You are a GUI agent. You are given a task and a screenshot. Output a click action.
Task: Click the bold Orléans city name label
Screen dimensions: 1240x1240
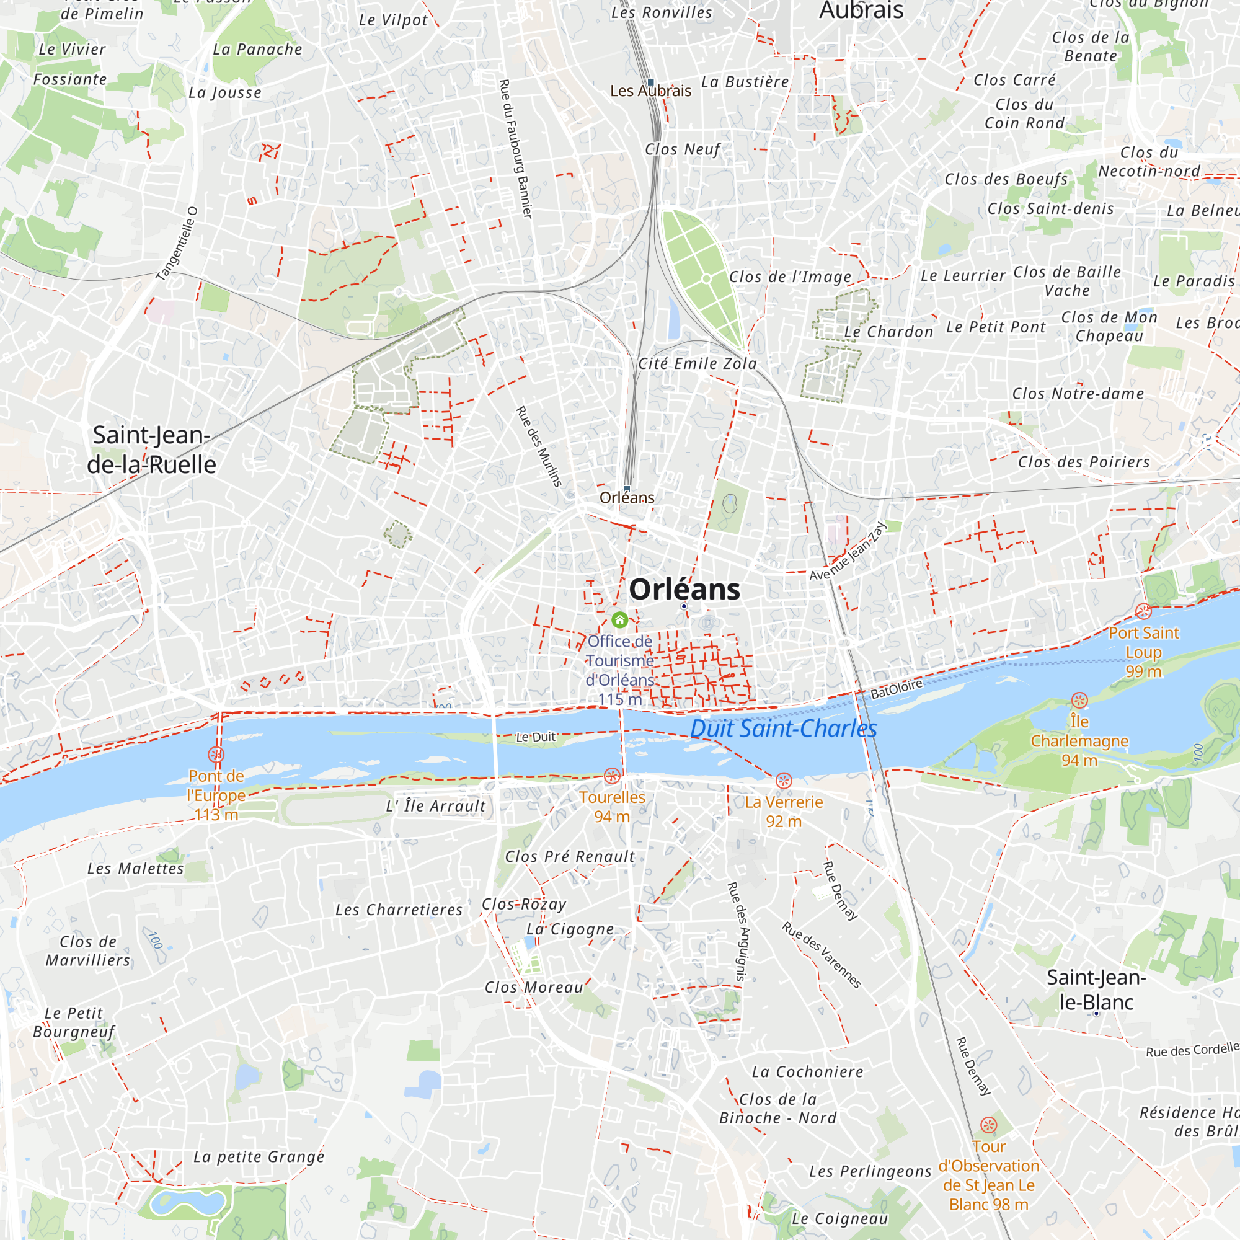(x=684, y=589)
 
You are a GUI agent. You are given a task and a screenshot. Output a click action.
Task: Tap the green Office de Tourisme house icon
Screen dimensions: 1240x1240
(x=619, y=620)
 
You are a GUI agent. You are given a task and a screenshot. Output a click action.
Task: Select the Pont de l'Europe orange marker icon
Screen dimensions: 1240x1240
(x=216, y=755)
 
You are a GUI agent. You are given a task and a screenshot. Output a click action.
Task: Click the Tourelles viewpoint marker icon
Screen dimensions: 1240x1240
(x=612, y=776)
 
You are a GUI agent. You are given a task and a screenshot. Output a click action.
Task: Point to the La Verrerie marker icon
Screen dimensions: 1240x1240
(x=784, y=781)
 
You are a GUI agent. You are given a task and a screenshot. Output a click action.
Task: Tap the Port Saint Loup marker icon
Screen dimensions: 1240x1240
(x=1143, y=612)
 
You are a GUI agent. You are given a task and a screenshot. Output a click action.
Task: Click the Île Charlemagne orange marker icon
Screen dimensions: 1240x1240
(x=1079, y=700)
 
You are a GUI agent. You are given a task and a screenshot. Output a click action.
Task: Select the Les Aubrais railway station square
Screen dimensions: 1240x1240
(x=650, y=83)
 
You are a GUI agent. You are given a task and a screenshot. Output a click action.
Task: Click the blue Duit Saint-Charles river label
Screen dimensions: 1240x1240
(x=783, y=729)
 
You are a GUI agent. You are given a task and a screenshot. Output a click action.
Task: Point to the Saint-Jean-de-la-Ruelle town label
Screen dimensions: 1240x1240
(x=151, y=449)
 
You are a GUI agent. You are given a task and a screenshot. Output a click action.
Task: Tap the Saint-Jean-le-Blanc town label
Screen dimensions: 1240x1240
(x=1096, y=989)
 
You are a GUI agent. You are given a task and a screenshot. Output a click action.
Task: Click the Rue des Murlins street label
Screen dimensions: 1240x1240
(x=539, y=446)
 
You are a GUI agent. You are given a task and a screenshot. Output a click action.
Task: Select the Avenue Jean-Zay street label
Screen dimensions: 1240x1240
(x=847, y=552)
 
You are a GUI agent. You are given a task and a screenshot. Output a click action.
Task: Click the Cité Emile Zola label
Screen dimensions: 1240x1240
(x=697, y=364)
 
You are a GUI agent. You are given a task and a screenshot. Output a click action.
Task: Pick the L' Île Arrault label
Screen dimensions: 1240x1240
(x=435, y=806)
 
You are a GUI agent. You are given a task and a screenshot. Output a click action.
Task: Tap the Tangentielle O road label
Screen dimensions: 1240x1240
(x=177, y=244)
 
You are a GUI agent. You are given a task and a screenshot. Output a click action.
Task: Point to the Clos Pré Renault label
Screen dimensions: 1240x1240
(x=569, y=857)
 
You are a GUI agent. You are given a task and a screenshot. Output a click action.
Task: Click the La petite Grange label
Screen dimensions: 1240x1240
(x=259, y=1156)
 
